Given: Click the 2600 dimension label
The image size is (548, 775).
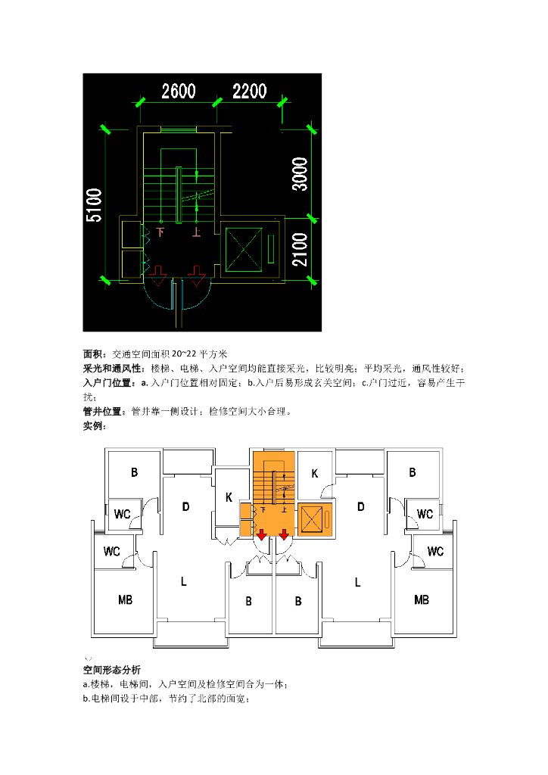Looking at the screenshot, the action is (179, 92).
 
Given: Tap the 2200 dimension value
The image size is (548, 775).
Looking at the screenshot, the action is (250, 92).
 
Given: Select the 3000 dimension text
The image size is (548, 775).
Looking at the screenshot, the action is (300, 174).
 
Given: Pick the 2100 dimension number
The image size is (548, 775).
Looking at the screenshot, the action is (300, 251).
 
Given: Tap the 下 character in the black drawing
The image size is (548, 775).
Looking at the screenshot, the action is (160, 232).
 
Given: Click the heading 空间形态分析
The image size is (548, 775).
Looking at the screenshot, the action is (111, 670).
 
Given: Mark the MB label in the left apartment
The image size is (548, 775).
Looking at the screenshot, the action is (126, 600).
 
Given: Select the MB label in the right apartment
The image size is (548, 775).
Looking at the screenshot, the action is (422, 600).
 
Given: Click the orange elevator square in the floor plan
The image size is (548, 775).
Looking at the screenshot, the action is (312, 519).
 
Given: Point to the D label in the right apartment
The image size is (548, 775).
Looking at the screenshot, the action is (361, 506).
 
